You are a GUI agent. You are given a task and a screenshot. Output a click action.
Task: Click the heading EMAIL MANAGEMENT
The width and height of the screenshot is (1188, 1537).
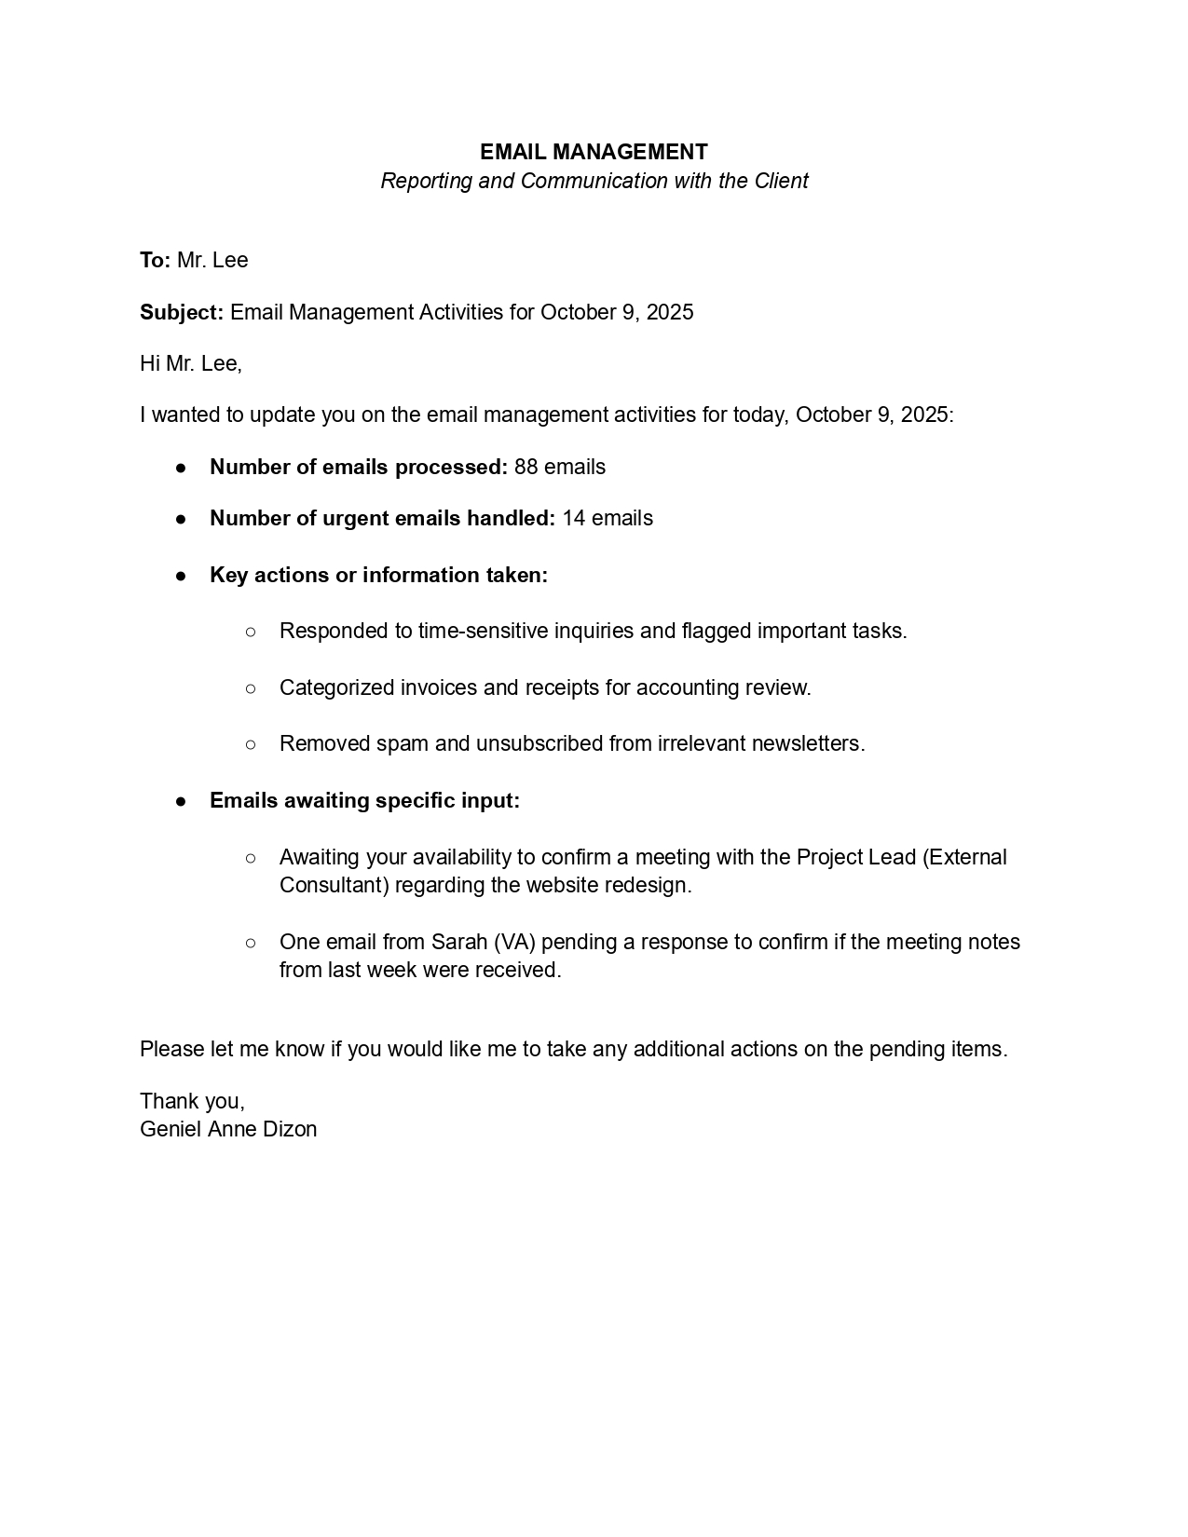pyautogui.click(x=594, y=152)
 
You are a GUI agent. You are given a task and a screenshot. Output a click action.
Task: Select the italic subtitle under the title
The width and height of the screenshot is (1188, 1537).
pyautogui.click(x=594, y=181)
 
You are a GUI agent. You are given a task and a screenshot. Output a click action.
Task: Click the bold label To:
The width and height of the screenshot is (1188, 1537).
pyautogui.click(x=155, y=260)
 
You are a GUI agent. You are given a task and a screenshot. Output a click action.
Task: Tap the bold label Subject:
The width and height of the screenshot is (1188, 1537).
pyautogui.click(x=182, y=312)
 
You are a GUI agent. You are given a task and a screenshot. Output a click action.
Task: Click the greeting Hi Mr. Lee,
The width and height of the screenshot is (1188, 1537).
pyautogui.click(x=191, y=363)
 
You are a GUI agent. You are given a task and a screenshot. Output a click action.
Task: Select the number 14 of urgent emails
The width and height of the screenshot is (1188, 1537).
pyautogui.click(x=574, y=518)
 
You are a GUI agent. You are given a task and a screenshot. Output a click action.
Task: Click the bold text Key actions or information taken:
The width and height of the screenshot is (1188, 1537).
pyautogui.click(x=378, y=575)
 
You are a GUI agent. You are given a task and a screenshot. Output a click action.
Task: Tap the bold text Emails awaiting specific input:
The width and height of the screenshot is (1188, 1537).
pyautogui.click(x=364, y=800)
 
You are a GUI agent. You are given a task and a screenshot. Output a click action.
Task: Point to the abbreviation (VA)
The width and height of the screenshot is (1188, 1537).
pyautogui.click(x=515, y=942)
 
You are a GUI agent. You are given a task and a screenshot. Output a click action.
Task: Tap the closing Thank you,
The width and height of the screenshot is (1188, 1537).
pyautogui.click(x=192, y=1101)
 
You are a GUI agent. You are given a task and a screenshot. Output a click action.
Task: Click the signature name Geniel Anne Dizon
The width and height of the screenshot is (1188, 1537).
pyautogui.click(x=228, y=1129)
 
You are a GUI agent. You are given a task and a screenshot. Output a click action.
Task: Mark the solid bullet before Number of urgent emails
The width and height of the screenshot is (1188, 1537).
pyautogui.click(x=181, y=519)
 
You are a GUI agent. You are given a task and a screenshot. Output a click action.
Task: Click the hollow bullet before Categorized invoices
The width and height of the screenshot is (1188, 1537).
pyautogui.click(x=251, y=688)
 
